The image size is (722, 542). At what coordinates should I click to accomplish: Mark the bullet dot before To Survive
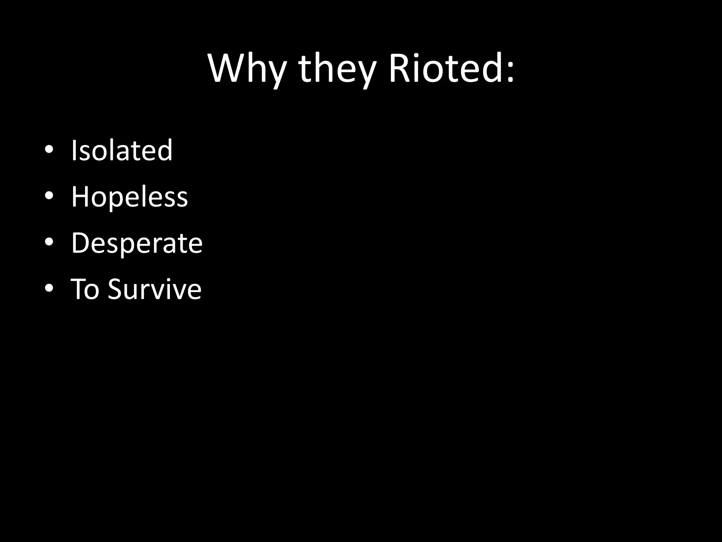(49, 288)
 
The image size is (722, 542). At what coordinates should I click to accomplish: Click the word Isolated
(122, 150)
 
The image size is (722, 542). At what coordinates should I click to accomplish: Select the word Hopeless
(129, 197)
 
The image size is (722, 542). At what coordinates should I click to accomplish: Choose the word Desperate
(137, 243)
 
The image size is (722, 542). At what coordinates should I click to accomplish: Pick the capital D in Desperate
(81, 243)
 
